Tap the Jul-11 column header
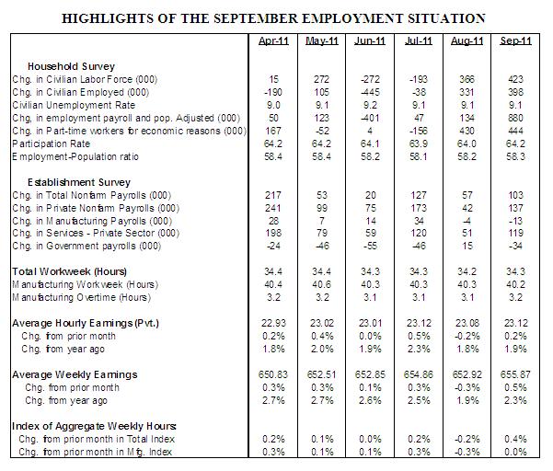[x=417, y=42]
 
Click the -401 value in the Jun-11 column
[x=368, y=119]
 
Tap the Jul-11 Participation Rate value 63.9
[x=418, y=144]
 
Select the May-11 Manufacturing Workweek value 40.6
[x=319, y=285]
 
